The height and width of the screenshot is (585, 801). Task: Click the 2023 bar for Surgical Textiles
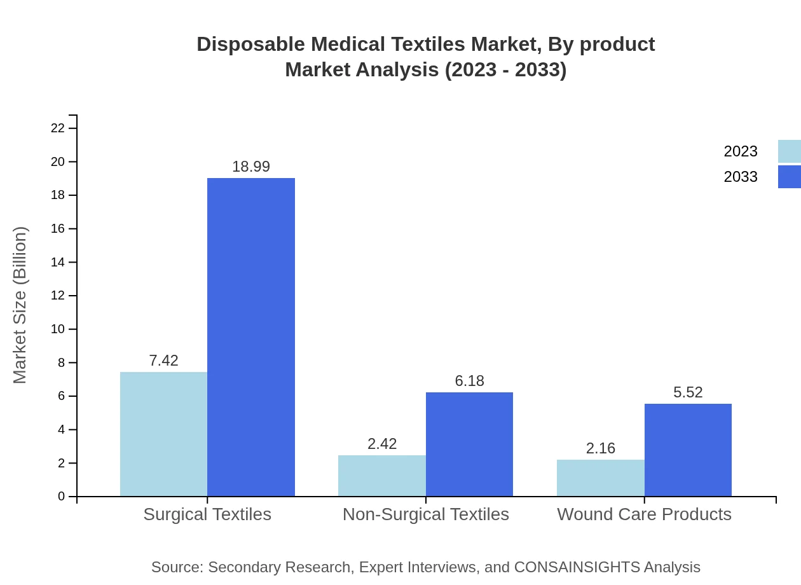pyautogui.click(x=163, y=434)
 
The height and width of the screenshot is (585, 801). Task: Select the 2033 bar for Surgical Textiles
pyautogui.click(x=251, y=337)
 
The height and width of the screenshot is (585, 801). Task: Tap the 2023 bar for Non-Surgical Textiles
pyautogui.click(x=382, y=476)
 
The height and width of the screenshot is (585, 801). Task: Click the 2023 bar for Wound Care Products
pyautogui.click(x=601, y=478)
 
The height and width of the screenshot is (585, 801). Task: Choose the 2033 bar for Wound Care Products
pyautogui.click(x=688, y=450)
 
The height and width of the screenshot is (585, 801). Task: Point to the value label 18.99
pyautogui.click(x=251, y=167)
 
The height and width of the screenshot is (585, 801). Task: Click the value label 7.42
pyautogui.click(x=163, y=361)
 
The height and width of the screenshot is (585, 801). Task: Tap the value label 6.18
pyautogui.click(x=469, y=381)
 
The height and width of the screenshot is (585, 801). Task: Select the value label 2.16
pyautogui.click(x=601, y=448)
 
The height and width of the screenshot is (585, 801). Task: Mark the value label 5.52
pyautogui.click(x=688, y=392)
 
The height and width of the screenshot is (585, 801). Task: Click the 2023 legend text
pyautogui.click(x=741, y=151)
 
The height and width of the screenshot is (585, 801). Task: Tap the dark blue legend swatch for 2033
pyautogui.click(x=789, y=177)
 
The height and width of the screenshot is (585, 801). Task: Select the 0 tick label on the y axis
pyautogui.click(x=62, y=497)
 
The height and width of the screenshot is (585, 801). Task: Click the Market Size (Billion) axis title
pyautogui.click(x=20, y=305)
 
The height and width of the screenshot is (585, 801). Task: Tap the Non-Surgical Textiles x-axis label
pyautogui.click(x=426, y=514)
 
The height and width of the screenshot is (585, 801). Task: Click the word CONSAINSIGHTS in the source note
pyautogui.click(x=576, y=567)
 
